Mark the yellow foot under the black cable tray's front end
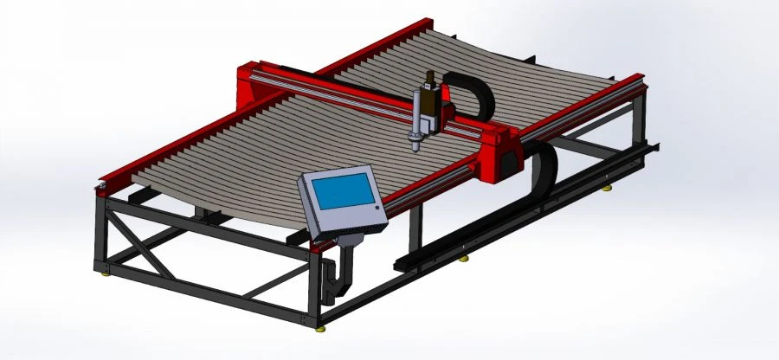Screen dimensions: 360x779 [x=465, y=258]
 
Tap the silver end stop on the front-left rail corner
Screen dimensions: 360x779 [x=101, y=184]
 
